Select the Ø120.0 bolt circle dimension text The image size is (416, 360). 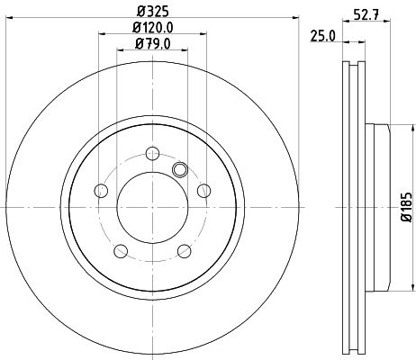click(152, 29)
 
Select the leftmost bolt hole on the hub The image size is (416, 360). click(102, 189)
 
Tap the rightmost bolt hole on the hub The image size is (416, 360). click(203, 189)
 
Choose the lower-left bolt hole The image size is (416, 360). click(121, 248)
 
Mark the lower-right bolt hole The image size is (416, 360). click(184, 248)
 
